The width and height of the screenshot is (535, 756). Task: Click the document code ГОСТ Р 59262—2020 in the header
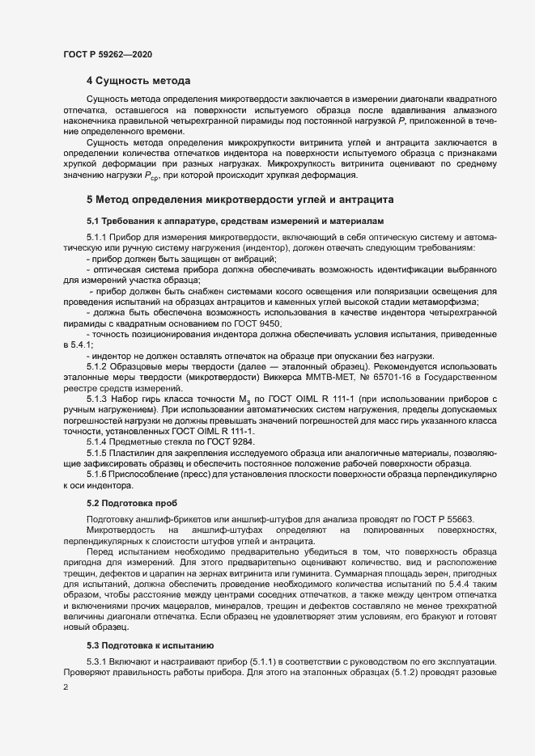pyautogui.click(x=108, y=54)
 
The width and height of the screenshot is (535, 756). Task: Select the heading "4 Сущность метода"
pyautogui.click(x=138, y=81)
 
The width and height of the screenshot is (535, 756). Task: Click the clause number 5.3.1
pyautogui.click(x=99, y=661)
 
